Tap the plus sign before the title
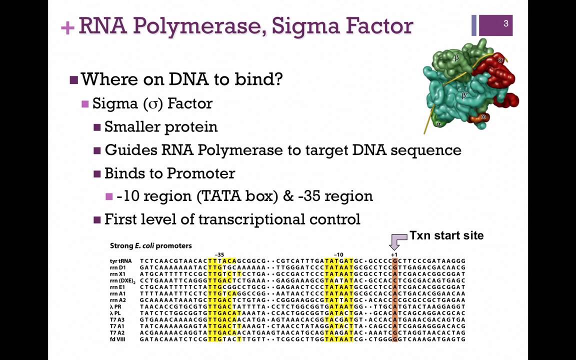67,27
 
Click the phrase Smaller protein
161,127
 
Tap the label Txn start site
446,235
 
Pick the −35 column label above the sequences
219,254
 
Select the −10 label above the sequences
338,254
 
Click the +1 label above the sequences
394,254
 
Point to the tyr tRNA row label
120,261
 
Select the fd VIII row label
117,339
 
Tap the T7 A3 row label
117,319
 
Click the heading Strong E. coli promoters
150,246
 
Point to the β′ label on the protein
465,96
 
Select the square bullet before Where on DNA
73,79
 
